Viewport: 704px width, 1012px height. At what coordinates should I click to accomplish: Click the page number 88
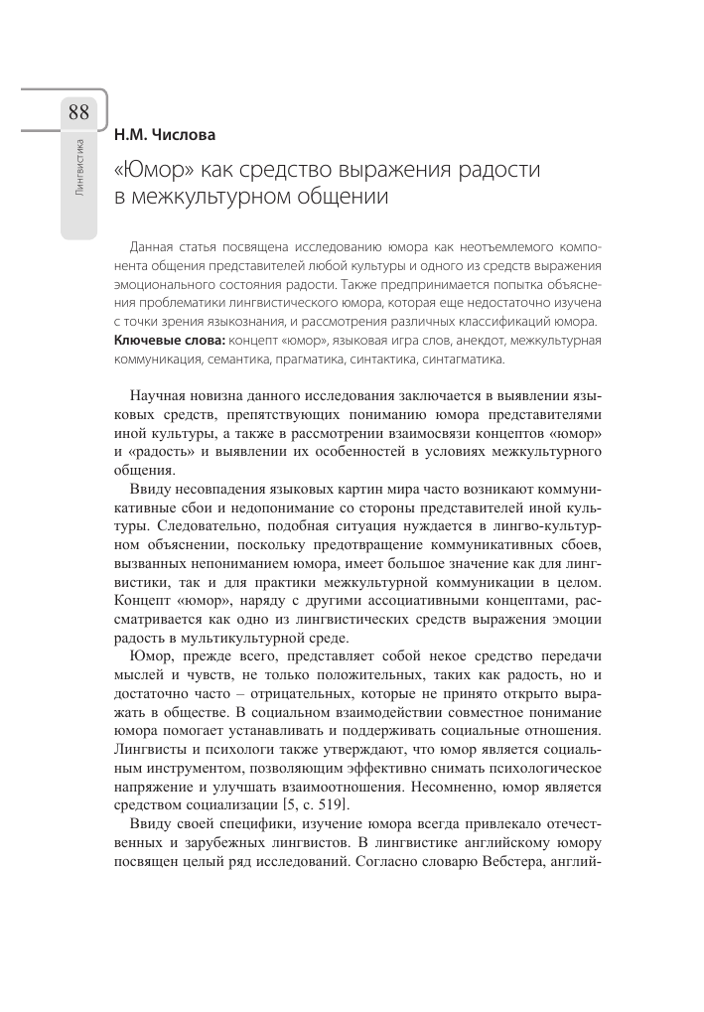pyautogui.click(x=78, y=111)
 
